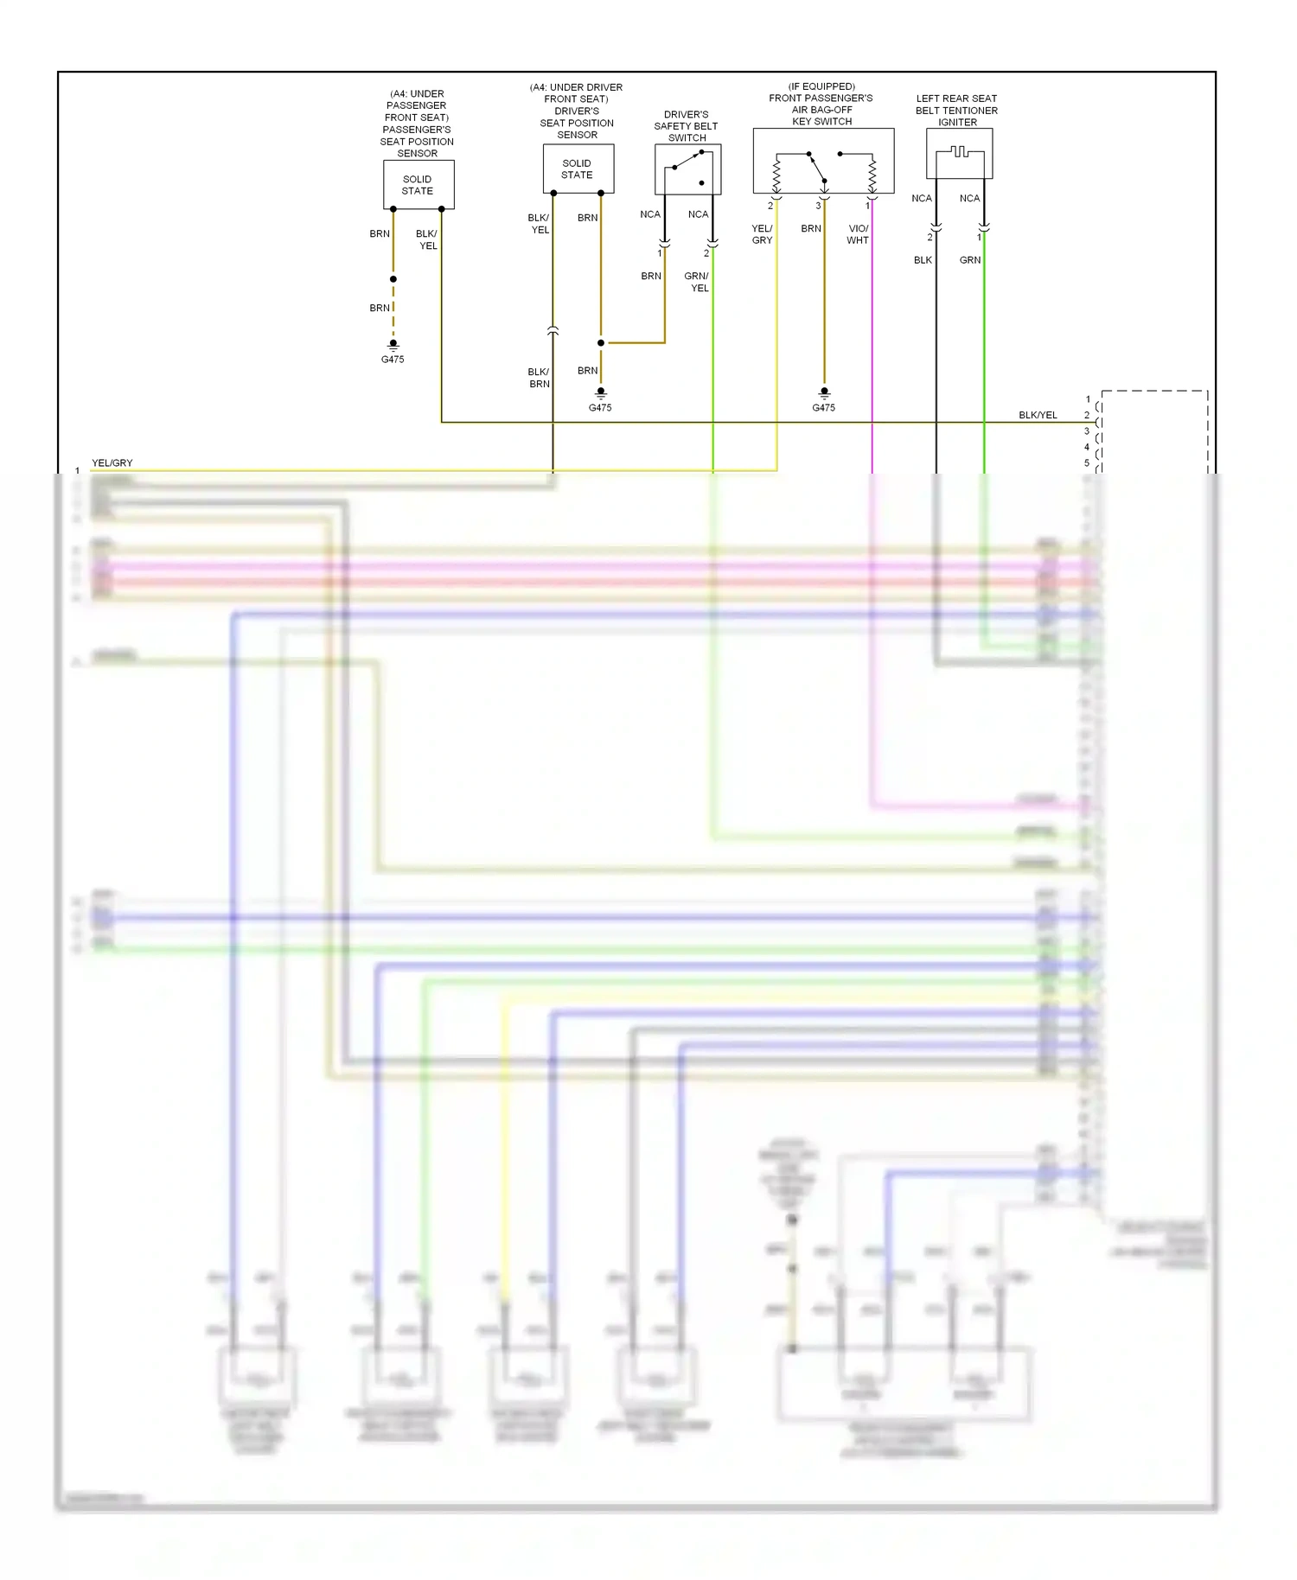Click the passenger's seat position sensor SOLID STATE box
point(418,185)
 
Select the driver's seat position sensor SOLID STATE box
point(578,169)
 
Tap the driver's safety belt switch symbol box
point(687,169)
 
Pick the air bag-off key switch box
point(823,162)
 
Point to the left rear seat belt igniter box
point(959,154)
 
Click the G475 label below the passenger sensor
point(393,360)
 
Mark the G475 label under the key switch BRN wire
point(823,408)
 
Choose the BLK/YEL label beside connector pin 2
point(1038,416)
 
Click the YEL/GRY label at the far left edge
point(112,463)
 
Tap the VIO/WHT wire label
point(858,234)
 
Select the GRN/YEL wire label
point(697,282)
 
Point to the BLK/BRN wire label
point(539,378)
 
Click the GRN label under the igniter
point(970,260)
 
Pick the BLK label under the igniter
point(923,260)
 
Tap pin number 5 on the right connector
point(1087,463)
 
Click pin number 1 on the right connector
point(1088,399)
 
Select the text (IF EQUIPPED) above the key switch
point(821,86)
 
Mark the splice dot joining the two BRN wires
point(601,343)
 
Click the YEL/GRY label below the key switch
point(762,234)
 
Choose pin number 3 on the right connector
point(1087,431)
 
